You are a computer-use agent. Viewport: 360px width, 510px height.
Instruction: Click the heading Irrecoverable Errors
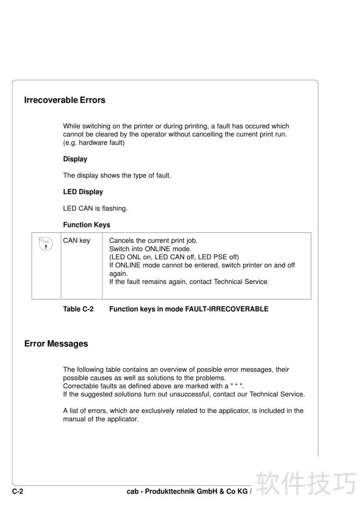pos(64,100)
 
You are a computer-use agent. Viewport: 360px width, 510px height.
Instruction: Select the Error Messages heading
pos(56,344)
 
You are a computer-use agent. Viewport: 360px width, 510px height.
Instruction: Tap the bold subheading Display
pos(75,159)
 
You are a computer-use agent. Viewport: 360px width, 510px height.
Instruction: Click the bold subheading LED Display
pos(83,192)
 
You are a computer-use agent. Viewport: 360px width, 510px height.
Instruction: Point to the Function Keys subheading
pos(86,225)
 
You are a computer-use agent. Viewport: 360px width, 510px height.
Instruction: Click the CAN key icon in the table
pos(46,244)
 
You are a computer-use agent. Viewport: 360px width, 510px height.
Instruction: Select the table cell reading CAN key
pos(76,241)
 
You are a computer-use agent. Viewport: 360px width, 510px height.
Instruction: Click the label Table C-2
pos(78,309)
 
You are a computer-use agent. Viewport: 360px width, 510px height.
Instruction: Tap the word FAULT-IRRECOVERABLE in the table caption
pos(227,309)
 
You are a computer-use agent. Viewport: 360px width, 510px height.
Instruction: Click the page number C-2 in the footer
pos(18,492)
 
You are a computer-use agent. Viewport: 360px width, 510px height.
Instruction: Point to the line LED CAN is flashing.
pos(95,208)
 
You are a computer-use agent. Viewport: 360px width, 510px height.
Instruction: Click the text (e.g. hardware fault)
pos(94,143)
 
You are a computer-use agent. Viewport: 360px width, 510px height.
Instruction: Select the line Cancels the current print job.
pos(153,241)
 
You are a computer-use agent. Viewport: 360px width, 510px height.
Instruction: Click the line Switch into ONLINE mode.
pos(150,249)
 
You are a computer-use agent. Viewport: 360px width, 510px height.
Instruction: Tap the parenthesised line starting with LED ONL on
pos(174,257)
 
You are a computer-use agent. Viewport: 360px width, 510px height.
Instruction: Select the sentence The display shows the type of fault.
pos(117,176)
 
